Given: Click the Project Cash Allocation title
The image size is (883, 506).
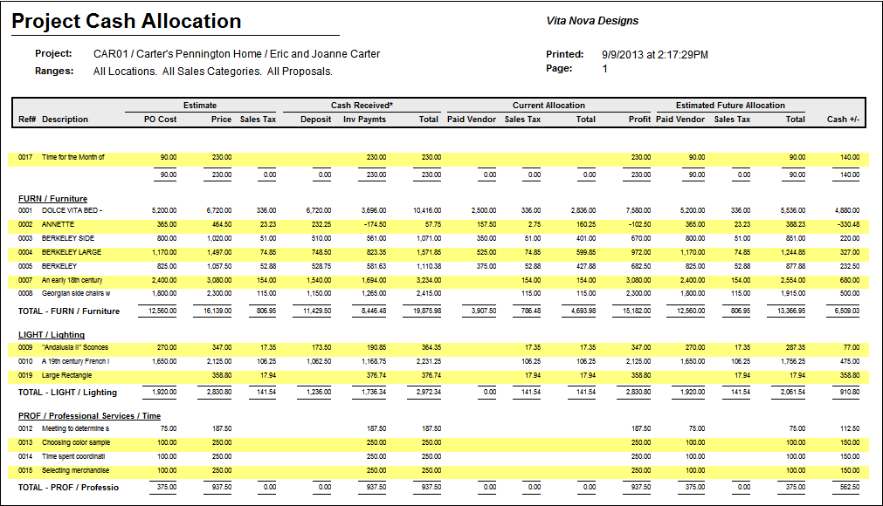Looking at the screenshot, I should (x=127, y=21).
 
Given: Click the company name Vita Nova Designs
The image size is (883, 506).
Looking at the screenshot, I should (x=591, y=21).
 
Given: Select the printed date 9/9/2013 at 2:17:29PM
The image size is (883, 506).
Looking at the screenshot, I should (x=654, y=54).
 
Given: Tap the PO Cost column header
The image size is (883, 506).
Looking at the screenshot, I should (x=160, y=120).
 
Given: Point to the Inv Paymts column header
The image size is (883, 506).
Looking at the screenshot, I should (x=364, y=120).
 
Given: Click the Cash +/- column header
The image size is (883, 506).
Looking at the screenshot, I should (x=843, y=120).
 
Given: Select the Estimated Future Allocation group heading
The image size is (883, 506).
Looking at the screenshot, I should (x=730, y=106).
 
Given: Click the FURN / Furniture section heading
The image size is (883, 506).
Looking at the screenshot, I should (x=52, y=199).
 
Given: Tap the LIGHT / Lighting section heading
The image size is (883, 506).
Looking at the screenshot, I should (x=52, y=335).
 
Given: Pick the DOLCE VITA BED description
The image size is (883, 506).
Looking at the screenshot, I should (x=72, y=210).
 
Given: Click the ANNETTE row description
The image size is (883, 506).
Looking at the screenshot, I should (x=59, y=224).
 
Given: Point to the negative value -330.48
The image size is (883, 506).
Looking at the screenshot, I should (x=845, y=224).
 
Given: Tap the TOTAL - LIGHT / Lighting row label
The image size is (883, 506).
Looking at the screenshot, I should (x=67, y=393).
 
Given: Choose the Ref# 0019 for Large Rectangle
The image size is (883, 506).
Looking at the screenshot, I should (x=25, y=375).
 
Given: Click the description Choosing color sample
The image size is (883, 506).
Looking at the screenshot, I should (x=75, y=442).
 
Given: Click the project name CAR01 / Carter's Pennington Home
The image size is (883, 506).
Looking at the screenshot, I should (x=175, y=54).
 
